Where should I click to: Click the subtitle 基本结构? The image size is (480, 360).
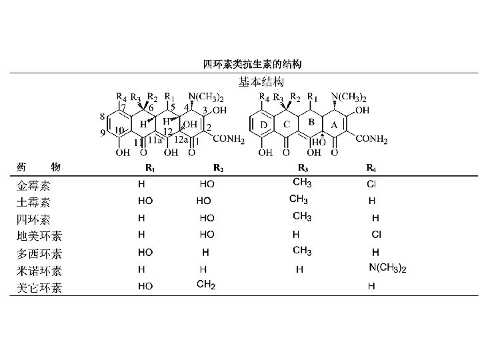(x=261, y=81)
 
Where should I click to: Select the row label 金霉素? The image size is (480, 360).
(x=33, y=185)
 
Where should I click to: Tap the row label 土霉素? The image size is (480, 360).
(x=33, y=201)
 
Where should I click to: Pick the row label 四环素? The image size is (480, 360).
(x=33, y=219)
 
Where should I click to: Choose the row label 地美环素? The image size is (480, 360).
(x=39, y=236)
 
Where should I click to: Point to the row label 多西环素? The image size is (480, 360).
(x=39, y=254)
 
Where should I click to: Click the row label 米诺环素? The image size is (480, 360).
(x=39, y=271)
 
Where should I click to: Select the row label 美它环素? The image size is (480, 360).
(x=39, y=288)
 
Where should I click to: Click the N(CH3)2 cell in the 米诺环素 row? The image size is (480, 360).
(x=387, y=269)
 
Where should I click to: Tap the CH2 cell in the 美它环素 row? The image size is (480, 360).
(x=206, y=285)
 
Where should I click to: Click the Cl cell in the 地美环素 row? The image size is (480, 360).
(x=376, y=235)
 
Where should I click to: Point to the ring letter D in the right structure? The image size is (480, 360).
(x=264, y=125)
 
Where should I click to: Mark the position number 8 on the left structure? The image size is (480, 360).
(x=102, y=117)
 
